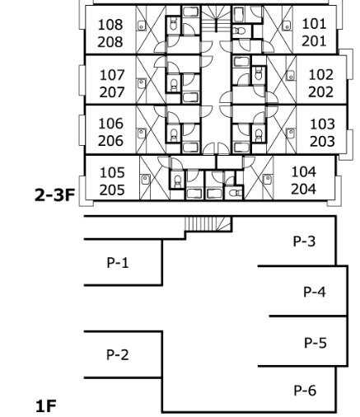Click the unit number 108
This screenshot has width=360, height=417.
click(110, 25)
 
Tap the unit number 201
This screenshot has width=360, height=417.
click(314, 41)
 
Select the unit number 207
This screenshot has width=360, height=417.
click(112, 92)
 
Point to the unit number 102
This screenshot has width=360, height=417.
click(321, 75)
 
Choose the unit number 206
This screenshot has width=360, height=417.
click(110, 141)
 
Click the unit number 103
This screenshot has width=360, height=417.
click(322, 124)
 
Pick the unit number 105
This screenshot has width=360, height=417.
click(112, 173)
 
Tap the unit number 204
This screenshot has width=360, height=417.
click(303, 189)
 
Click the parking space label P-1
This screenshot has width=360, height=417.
click(118, 263)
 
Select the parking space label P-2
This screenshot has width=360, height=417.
click(118, 354)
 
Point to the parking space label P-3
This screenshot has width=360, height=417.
click(304, 241)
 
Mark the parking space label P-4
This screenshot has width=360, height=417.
click(315, 292)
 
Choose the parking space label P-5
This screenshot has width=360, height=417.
click(316, 343)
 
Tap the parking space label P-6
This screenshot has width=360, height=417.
click(305, 391)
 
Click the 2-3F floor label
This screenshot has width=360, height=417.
click(55, 195)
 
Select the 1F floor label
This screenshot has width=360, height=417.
click(46, 406)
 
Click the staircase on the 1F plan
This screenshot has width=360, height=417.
click(208, 224)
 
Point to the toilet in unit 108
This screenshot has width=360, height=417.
click(173, 25)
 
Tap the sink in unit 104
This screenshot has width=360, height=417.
click(267, 180)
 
